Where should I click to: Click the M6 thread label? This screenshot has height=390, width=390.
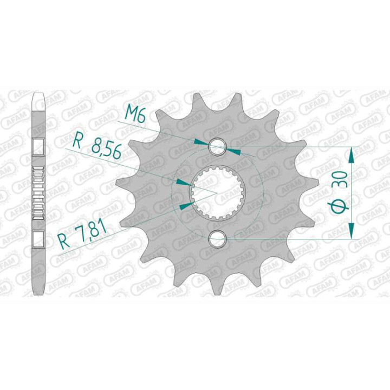click(x=134, y=113)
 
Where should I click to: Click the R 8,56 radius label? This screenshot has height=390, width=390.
click(x=97, y=145)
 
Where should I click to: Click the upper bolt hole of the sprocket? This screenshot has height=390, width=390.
click(x=218, y=146)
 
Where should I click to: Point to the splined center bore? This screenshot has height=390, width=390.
click(x=218, y=192)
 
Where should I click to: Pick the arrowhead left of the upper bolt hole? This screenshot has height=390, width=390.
click(x=201, y=142)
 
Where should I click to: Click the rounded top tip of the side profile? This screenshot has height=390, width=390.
click(x=39, y=97)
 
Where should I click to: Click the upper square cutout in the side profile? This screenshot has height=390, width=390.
click(x=39, y=146)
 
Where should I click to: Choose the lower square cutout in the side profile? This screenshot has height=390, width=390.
click(x=39, y=238)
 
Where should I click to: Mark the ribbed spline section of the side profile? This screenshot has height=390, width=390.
click(x=39, y=192)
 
